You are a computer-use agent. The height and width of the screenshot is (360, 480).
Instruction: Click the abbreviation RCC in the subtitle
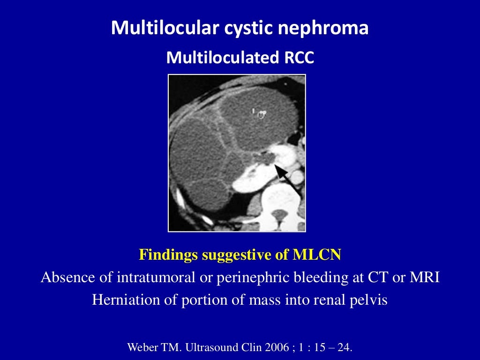[299, 58]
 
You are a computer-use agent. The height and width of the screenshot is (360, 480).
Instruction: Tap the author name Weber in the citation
[143, 348]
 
